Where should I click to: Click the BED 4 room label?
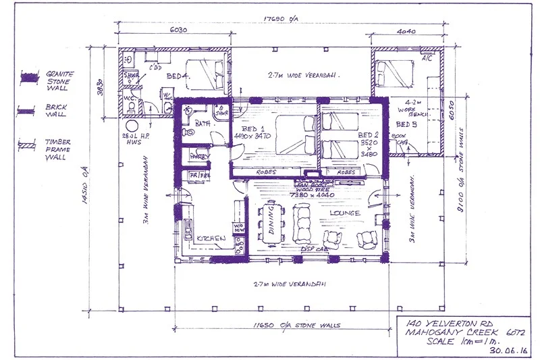tap(175, 76)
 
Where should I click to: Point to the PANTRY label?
tap(200, 156)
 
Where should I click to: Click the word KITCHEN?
tap(211, 238)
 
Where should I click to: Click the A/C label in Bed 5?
tap(426, 57)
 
